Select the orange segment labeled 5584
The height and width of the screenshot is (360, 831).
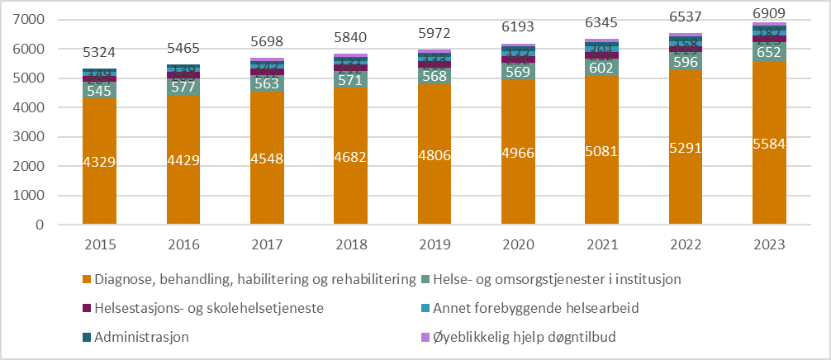point(769,142)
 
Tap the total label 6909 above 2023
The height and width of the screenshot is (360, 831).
point(769,13)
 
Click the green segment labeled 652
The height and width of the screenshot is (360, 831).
point(769,51)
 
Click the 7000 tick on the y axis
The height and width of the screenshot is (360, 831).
point(38,20)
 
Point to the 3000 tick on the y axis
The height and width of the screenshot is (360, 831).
point(38,137)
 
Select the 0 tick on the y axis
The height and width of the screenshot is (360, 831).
point(49,225)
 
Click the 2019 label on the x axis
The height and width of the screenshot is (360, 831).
point(434,244)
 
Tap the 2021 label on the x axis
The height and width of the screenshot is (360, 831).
point(601,244)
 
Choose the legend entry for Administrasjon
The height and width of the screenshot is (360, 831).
point(141,337)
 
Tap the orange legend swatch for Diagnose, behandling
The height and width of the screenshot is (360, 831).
point(85,280)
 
